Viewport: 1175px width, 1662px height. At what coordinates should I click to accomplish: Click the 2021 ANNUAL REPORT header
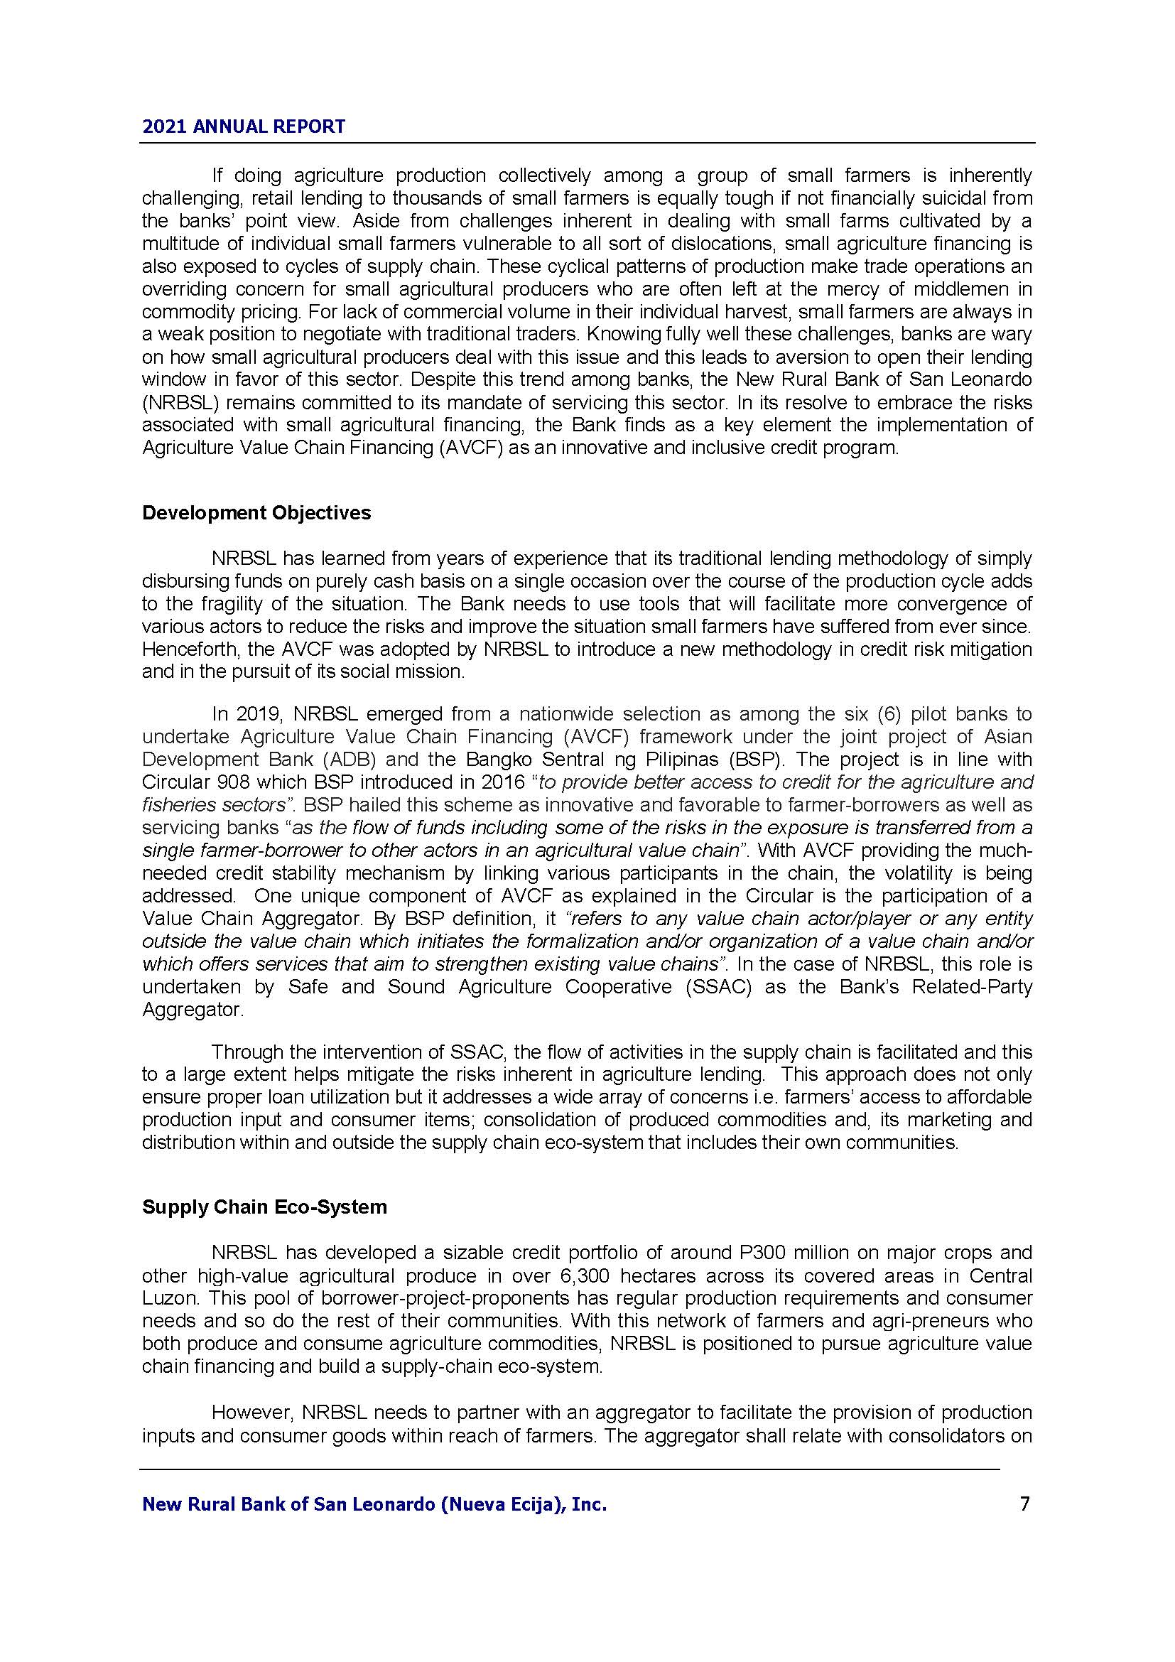pyautogui.click(x=244, y=126)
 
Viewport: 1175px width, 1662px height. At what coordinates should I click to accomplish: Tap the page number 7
pyautogui.click(x=1024, y=1504)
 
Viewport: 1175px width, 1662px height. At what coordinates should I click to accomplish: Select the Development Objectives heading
pyautogui.click(x=256, y=512)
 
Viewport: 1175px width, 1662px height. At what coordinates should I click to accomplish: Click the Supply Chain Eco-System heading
pyautogui.click(x=264, y=1207)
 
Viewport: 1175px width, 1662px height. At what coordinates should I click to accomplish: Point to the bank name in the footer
pyautogui.click(x=374, y=1505)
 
